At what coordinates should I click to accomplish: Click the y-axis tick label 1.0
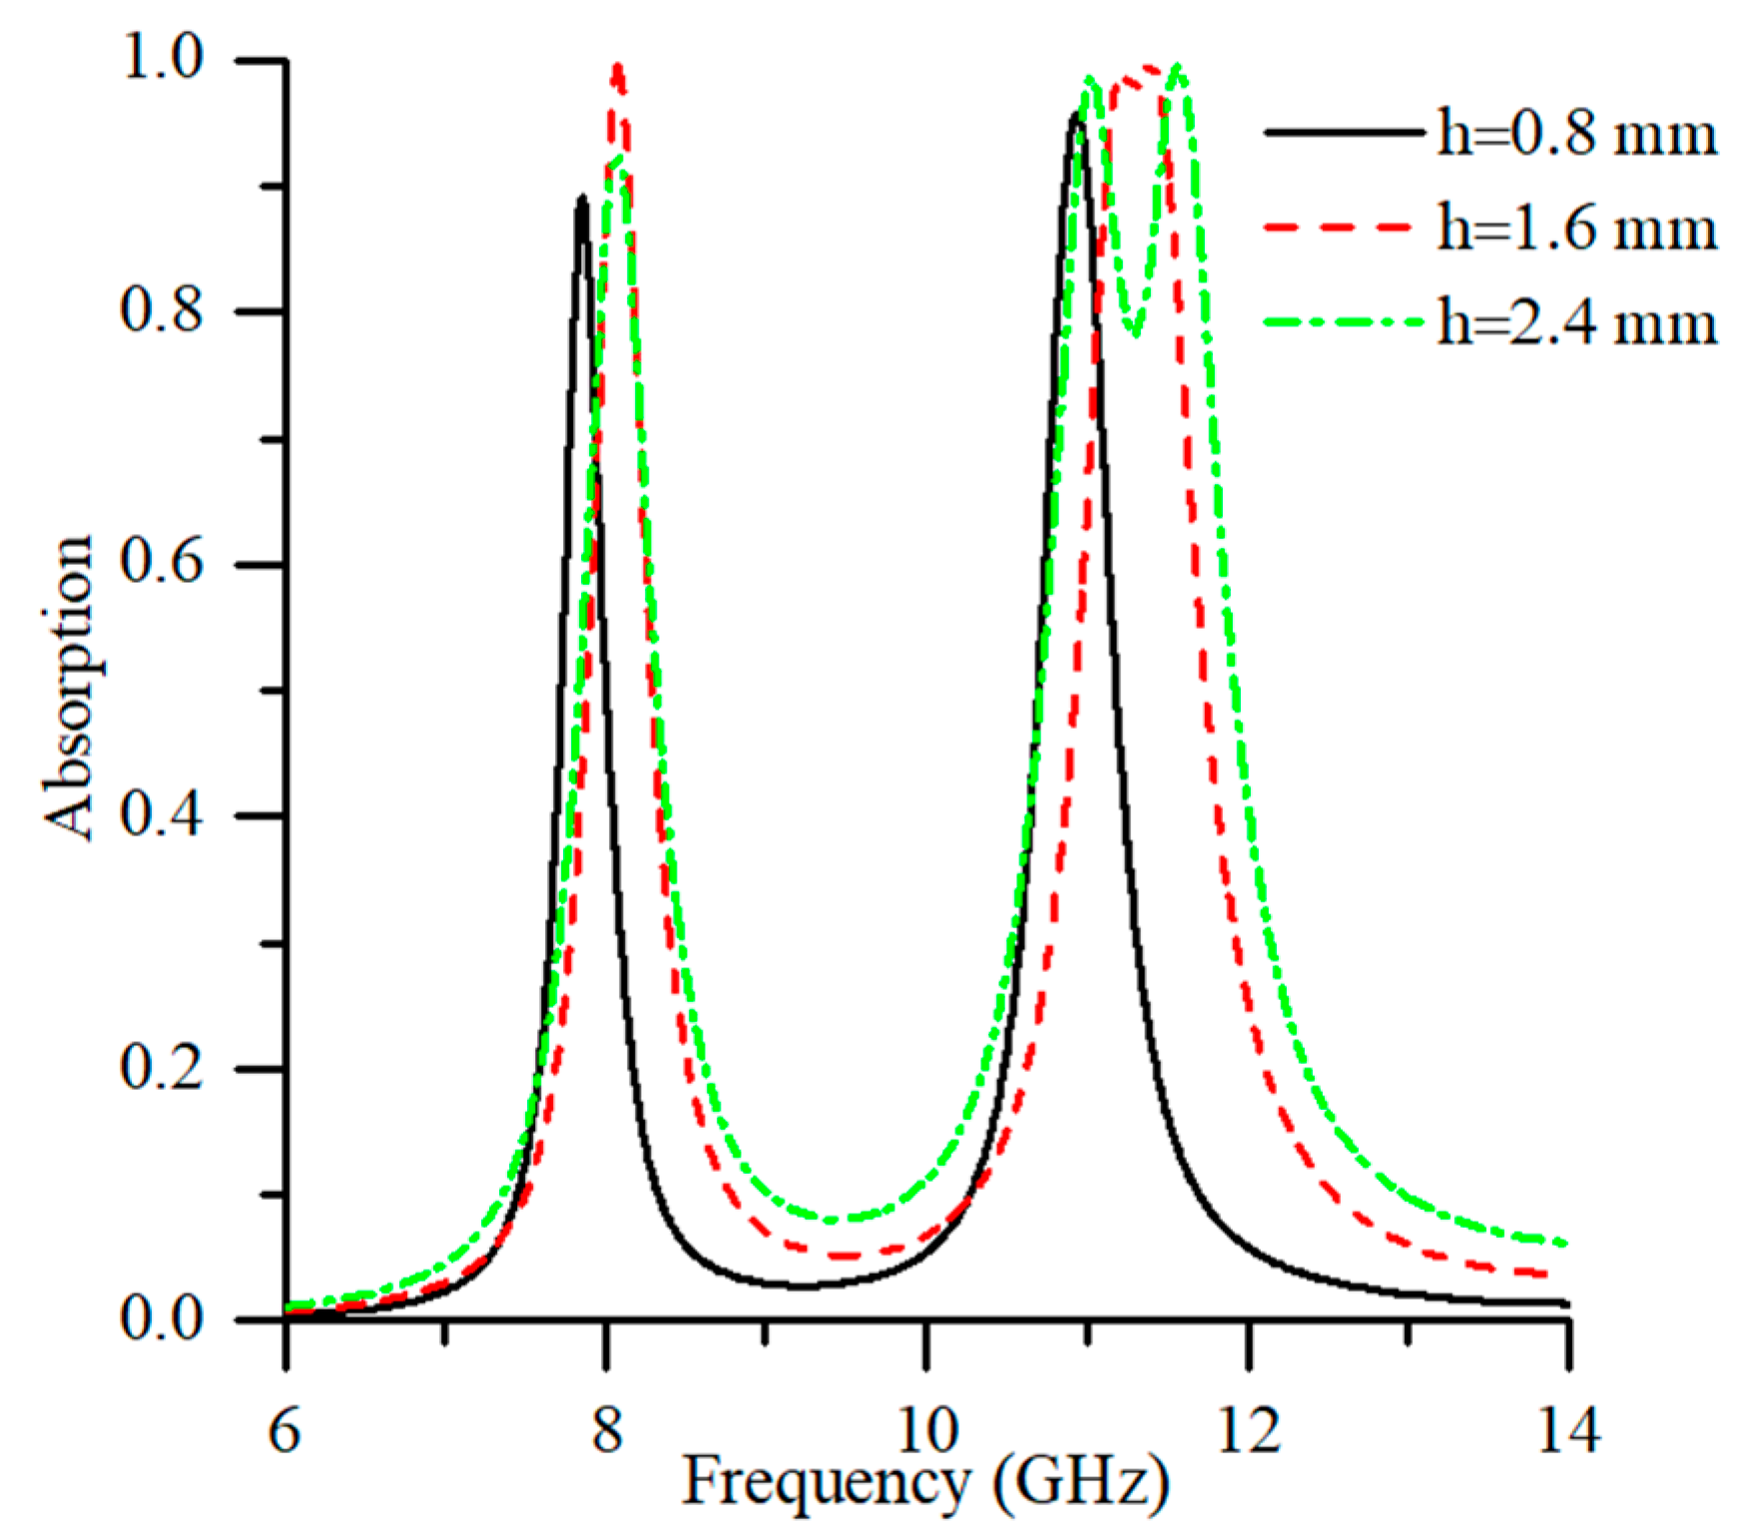point(162,58)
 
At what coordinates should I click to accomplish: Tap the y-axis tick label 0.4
point(162,814)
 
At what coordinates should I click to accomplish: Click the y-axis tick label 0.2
point(162,1067)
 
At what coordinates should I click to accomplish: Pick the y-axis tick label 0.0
point(162,1318)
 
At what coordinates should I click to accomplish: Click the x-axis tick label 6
point(285,1429)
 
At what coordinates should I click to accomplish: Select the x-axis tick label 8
point(606,1429)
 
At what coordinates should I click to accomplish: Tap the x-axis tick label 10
point(927,1429)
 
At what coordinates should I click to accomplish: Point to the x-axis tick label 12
point(1249,1429)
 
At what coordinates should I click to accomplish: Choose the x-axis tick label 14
point(1569,1429)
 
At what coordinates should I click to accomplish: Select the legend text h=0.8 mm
point(1577,133)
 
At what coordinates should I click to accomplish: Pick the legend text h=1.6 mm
point(1577,228)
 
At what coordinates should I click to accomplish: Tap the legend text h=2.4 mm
point(1577,322)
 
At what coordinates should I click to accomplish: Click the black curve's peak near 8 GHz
point(581,199)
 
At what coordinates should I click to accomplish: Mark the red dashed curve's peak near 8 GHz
point(618,67)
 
